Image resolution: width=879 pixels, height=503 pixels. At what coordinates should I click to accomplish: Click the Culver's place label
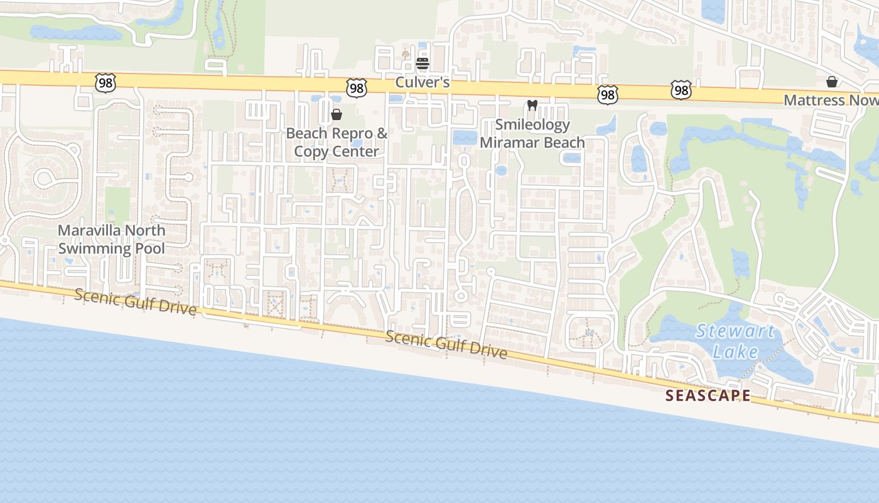(422, 82)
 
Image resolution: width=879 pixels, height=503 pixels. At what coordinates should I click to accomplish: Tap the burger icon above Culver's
(422, 63)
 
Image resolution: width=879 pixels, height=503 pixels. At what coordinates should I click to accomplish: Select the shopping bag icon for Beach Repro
(337, 114)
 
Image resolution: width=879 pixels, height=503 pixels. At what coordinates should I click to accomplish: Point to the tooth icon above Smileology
(532, 106)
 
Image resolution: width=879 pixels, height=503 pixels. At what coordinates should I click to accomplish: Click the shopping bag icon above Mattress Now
(832, 82)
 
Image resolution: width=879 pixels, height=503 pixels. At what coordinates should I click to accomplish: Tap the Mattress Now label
(831, 101)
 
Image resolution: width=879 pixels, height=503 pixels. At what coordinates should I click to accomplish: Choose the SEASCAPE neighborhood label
(708, 395)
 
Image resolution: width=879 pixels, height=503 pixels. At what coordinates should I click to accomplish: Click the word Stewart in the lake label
(735, 331)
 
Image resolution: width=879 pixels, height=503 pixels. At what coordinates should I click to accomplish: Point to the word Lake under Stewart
(735, 351)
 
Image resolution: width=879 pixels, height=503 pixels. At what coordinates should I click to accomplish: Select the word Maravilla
(90, 230)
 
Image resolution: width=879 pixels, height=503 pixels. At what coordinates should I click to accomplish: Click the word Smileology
(532, 124)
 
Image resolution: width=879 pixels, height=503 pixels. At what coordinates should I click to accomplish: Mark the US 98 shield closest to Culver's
(357, 88)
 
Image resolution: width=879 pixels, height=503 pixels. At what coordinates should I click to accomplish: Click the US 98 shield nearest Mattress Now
(681, 90)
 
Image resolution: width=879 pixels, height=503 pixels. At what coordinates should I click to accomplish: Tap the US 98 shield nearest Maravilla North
(105, 82)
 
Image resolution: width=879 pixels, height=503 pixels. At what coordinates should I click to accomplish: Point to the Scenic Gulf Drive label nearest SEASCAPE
(446, 345)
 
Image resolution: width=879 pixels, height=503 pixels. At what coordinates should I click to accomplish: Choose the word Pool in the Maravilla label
(150, 248)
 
